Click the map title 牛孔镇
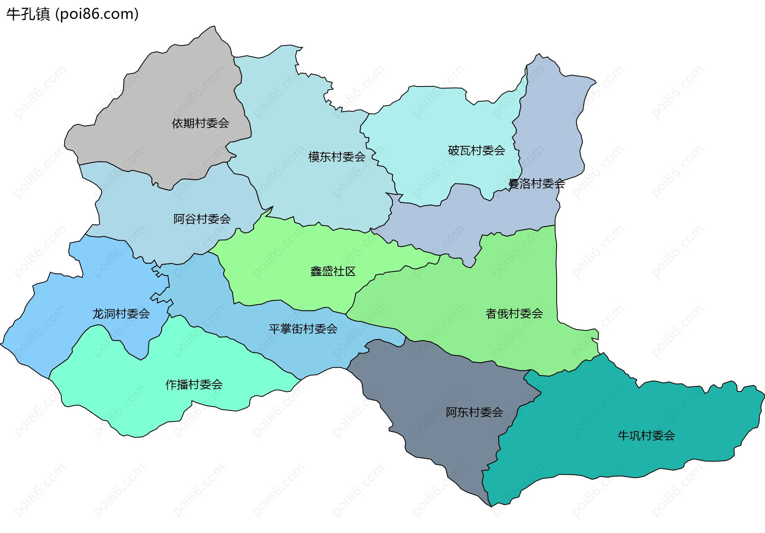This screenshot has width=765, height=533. tap(28, 14)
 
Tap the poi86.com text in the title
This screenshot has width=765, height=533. tap(97, 14)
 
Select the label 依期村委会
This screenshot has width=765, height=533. tap(200, 123)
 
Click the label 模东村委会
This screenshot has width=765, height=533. tap(337, 157)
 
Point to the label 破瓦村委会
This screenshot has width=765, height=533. tap(477, 150)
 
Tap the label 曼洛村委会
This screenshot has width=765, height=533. tap(536, 183)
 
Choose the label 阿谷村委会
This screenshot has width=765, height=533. tap(202, 219)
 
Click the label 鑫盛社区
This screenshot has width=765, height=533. tap(333, 271)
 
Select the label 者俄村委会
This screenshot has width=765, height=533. tap(514, 313)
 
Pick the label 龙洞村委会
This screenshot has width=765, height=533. tap(121, 314)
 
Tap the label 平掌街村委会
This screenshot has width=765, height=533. tap(303, 329)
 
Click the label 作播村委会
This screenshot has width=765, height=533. tap(194, 384)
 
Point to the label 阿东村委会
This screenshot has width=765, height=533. tap(474, 412)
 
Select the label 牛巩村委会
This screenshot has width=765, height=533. tap(646, 435)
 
